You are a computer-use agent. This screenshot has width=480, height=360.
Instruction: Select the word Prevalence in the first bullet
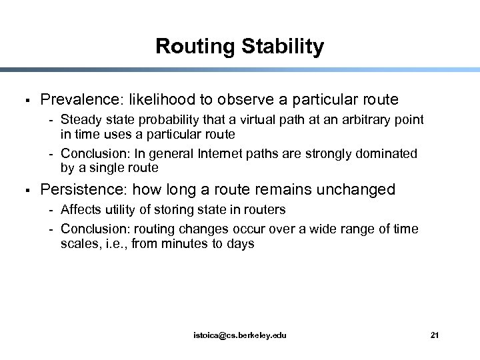coord(78,100)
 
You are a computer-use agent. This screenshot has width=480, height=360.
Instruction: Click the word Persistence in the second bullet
coord(81,190)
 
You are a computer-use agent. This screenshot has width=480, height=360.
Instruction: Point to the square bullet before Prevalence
coord(24,101)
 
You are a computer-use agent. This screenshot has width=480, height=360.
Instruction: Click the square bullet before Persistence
coord(24,191)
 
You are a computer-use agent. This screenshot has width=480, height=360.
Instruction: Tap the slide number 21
coord(435,335)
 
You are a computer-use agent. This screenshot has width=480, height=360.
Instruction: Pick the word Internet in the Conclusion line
coord(230,154)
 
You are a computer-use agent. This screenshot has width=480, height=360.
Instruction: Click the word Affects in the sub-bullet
coord(79,209)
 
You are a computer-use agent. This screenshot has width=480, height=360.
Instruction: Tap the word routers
coord(265,209)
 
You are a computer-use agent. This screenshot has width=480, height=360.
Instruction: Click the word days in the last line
coord(241,244)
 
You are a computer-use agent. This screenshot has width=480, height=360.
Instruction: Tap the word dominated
coord(387,154)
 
